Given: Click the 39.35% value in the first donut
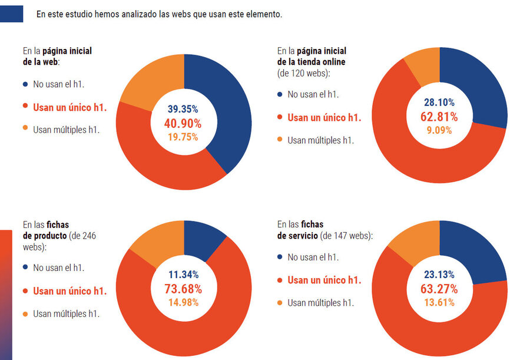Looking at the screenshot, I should [183, 109].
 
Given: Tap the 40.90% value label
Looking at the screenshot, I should [183, 123].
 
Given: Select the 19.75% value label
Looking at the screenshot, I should [183, 137].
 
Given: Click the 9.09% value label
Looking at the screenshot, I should [439, 130].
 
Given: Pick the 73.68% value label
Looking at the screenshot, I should [183, 289].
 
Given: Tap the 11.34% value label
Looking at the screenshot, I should [183, 275].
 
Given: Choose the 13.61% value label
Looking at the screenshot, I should [439, 302].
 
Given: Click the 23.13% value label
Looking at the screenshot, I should [439, 275].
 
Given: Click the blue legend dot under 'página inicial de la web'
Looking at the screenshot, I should [25, 84].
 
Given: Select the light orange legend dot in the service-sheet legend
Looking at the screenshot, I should [280, 303].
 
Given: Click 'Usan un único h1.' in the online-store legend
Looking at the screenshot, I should [324, 117].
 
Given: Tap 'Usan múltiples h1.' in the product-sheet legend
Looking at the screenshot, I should [66, 313].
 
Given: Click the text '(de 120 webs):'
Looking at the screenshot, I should [304, 73].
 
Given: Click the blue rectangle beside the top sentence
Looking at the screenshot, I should [11, 14].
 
